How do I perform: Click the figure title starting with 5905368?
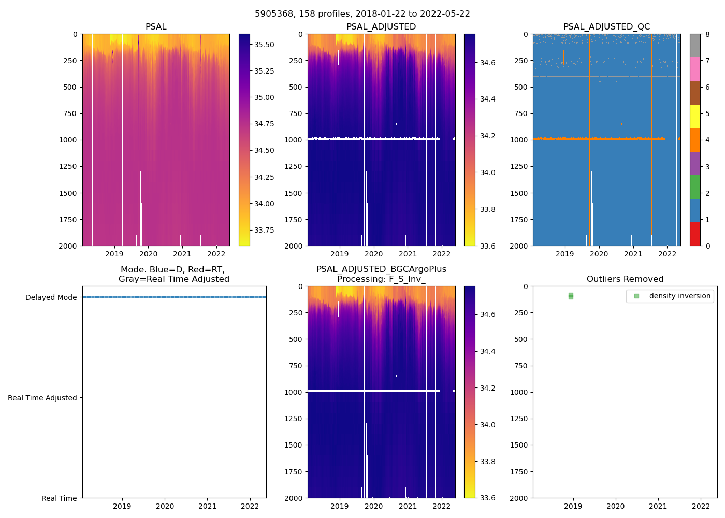pyautogui.click(x=363, y=14)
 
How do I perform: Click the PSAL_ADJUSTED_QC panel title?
pyautogui.click(x=606, y=27)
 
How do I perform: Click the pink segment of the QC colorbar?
pyautogui.click(x=695, y=69)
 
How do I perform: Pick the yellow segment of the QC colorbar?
pyautogui.click(x=695, y=116)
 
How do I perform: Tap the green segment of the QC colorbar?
pyautogui.click(x=695, y=186)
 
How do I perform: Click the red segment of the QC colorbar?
pyautogui.click(x=695, y=234)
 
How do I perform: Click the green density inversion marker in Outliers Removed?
pyautogui.click(x=571, y=296)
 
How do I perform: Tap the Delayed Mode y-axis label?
pyautogui.click(x=51, y=297)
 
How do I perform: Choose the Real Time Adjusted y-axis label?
pyautogui.click(x=42, y=398)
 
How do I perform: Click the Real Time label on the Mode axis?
pyautogui.click(x=59, y=498)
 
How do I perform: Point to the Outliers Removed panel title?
pyautogui.click(x=625, y=279)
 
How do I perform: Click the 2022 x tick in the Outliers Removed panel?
pyautogui.click(x=701, y=506)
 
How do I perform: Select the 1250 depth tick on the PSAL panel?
pyautogui.click(x=68, y=166)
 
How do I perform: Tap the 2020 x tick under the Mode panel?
pyautogui.click(x=165, y=506)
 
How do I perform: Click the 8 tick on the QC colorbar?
pyautogui.click(x=707, y=34)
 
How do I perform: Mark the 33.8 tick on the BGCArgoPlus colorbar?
pyautogui.click(x=487, y=462)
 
